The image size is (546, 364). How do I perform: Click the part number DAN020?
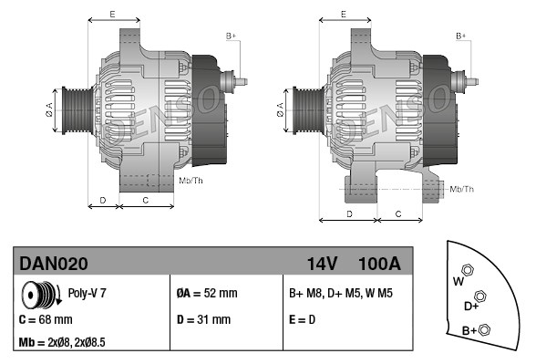[x=54, y=264]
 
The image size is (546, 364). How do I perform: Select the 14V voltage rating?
[x=322, y=264]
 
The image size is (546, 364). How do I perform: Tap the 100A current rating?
[x=379, y=264]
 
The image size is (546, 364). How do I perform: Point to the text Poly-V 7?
[x=87, y=293]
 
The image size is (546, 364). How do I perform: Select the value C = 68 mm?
[x=46, y=319]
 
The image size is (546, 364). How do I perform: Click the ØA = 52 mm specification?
[x=207, y=293]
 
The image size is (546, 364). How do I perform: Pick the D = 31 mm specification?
[x=203, y=319]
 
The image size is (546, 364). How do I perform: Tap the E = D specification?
[x=302, y=319]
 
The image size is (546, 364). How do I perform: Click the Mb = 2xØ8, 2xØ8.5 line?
[x=62, y=342]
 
